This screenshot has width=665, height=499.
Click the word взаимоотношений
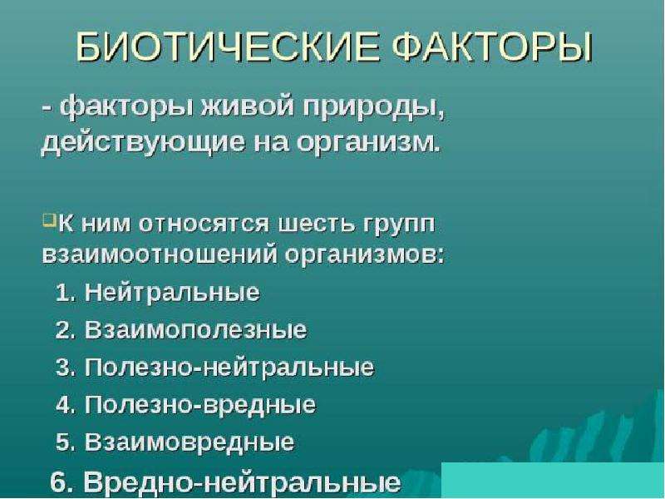pos(159,255)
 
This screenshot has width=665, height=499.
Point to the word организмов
pos(365,256)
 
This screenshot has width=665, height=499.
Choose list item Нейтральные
pos(172,293)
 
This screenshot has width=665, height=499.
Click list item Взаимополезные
pos(195,329)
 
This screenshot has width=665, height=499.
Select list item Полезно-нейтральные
pos(229,367)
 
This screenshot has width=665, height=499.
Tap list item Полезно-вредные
pos(200,404)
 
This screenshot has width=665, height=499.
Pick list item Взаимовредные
pos(190,442)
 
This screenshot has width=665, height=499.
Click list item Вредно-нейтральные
pos(242,482)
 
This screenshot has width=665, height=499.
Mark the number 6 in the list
pos(57,482)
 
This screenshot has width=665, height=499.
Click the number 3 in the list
pos(63,368)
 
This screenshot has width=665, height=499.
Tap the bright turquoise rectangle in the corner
pos(553,481)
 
